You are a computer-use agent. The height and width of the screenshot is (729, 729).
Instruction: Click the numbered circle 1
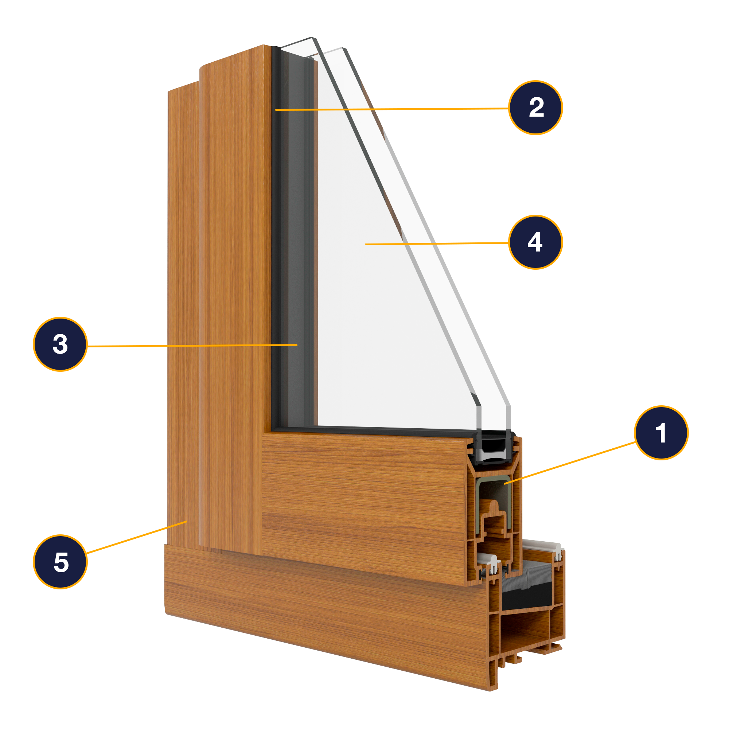click(x=661, y=433)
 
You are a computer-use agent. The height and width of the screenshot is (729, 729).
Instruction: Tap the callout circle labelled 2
click(x=535, y=108)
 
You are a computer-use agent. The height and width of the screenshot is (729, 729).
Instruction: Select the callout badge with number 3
click(x=61, y=344)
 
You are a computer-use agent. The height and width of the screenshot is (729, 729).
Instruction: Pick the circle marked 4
click(x=535, y=242)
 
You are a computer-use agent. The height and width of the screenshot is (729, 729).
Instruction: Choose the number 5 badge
click(x=61, y=561)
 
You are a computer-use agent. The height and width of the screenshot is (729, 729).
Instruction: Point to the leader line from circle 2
click(x=393, y=109)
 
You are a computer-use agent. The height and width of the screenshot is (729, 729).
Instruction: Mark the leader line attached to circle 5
click(x=136, y=537)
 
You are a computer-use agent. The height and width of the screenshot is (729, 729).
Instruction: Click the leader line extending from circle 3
click(x=189, y=345)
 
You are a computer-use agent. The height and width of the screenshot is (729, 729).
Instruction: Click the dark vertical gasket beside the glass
click(x=276, y=226)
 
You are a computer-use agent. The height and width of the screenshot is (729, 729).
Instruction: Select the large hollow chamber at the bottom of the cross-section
click(x=525, y=634)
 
